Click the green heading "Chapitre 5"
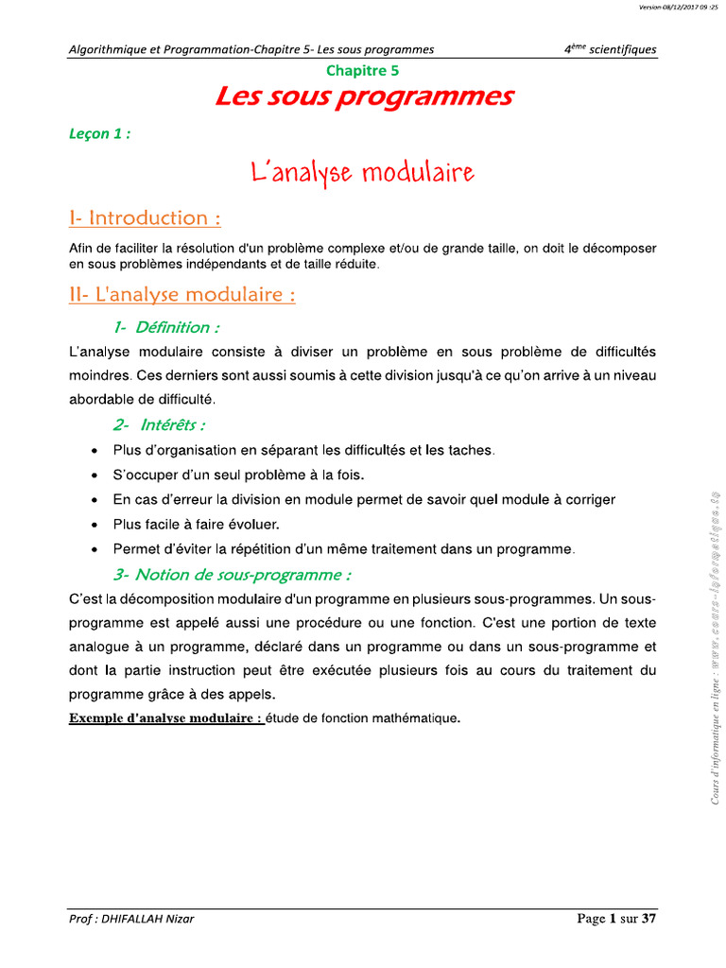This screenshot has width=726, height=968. point(363,70)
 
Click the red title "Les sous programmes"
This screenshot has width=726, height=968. point(364,96)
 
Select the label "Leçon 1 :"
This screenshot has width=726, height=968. point(99,133)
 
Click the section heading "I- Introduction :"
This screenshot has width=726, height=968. point(146,218)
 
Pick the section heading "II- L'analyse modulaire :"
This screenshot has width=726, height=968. point(182,295)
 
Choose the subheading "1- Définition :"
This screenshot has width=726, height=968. point(166,327)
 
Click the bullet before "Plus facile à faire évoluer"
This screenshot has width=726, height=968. point(94,525)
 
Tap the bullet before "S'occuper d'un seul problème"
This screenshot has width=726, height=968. point(94,475)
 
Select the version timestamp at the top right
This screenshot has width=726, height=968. point(680,8)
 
